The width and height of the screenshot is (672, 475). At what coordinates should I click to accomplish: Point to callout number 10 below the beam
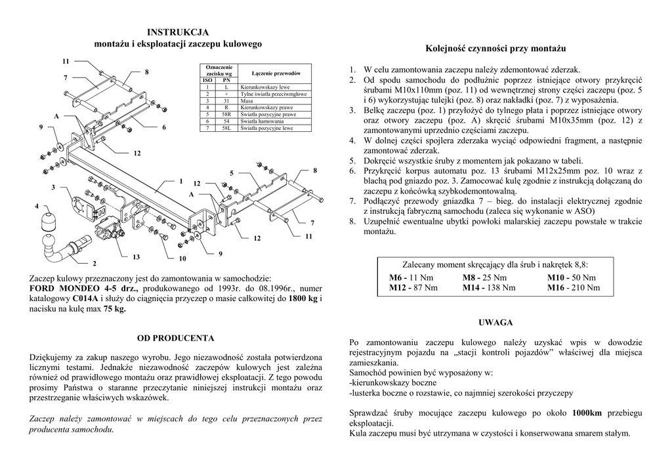(182, 258)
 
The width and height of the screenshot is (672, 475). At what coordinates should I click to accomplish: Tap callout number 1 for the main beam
(180, 180)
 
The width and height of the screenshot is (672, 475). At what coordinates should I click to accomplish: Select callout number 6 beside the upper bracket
(164, 127)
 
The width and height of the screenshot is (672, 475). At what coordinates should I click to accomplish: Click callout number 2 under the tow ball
(94, 263)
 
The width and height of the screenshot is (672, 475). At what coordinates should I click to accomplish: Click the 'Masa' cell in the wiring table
(247, 100)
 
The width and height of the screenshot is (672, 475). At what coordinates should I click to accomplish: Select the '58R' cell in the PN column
(226, 114)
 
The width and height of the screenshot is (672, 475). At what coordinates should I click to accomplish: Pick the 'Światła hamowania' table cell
(262, 121)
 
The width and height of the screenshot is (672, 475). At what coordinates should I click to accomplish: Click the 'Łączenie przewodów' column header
(276, 73)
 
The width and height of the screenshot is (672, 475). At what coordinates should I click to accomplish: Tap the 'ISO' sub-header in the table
(208, 80)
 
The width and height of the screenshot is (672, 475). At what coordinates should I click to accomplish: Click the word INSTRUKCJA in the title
(178, 31)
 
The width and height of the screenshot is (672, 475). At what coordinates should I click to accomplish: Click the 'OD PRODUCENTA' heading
(175, 339)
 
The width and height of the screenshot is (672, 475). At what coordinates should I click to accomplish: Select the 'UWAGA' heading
(495, 322)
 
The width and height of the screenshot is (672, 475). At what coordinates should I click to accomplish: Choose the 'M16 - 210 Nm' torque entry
(573, 287)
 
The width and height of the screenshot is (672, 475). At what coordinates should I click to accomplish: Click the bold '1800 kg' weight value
(303, 298)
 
